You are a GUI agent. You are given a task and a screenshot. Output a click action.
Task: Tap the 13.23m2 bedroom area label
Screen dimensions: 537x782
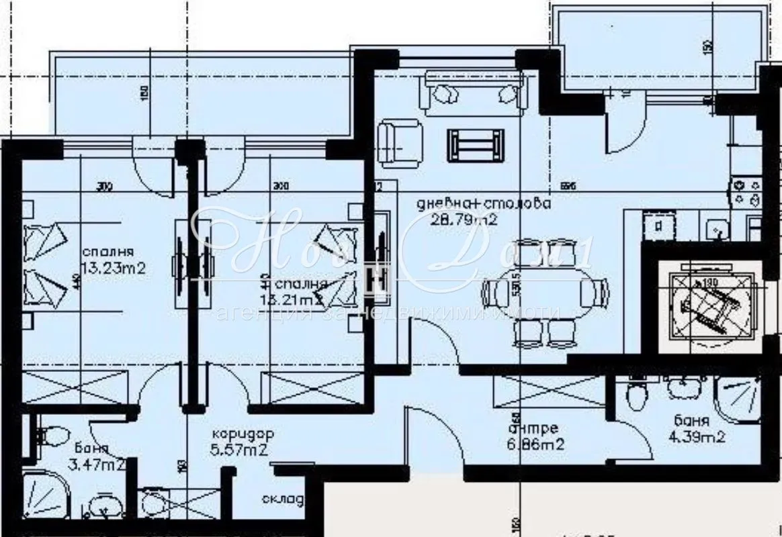(x=114, y=268)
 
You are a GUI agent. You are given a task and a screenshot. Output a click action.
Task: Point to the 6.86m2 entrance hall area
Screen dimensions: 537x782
(x=533, y=444)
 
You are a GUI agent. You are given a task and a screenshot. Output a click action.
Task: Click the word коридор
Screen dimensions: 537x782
(x=240, y=434)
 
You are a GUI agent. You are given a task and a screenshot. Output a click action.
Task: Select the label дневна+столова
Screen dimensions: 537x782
(x=483, y=203)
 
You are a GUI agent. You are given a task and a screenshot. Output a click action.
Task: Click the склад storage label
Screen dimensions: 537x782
(x=283, y=500)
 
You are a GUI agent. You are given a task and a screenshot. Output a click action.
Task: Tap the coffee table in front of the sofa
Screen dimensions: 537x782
(x=476, y=144)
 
